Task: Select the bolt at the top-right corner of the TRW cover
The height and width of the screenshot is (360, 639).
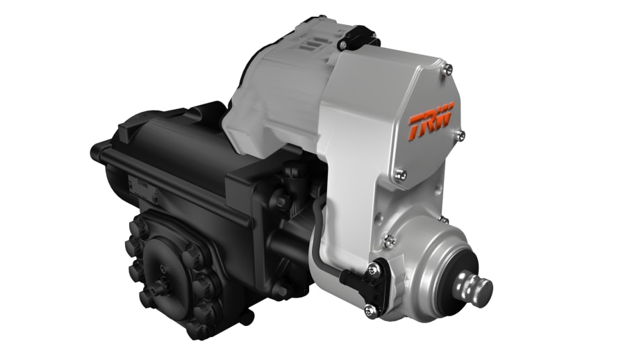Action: point(448,67)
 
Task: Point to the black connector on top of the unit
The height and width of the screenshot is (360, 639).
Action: point(356,36)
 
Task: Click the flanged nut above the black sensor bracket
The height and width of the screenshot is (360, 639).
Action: point(390,240)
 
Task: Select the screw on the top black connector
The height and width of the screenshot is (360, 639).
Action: point(343,44)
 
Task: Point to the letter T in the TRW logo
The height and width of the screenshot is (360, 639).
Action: point(417,126)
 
